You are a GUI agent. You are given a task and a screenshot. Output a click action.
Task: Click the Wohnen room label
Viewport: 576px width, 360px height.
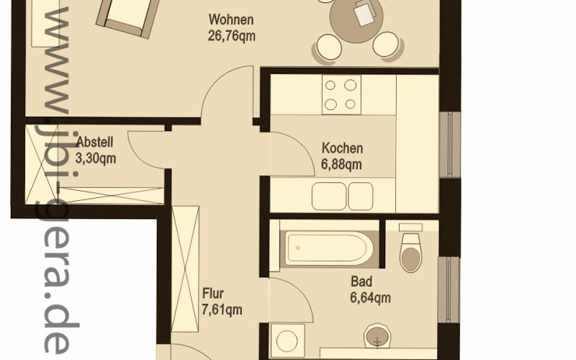tap(231, 19)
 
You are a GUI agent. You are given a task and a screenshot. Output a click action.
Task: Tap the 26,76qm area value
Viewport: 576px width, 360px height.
tap(231, 37)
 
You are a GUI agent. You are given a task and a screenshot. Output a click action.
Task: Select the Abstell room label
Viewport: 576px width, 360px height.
tap(95, 142)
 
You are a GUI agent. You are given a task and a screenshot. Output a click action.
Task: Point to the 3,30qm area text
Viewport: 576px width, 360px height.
tap(96, 158)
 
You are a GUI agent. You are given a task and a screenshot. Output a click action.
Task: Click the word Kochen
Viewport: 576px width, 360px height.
tap(343, 148)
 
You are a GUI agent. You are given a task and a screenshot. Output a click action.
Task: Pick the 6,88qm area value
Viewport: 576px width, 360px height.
tap(341, 165)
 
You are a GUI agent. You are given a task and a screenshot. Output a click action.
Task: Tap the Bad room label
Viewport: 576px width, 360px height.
tap(361, 282)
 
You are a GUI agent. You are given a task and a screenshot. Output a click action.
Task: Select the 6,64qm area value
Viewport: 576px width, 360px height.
tap(370, 297)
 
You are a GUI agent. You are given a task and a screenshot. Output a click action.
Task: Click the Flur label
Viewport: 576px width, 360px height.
tap(213, 294)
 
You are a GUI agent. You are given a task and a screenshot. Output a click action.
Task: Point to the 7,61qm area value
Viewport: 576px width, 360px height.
tap(222, 310)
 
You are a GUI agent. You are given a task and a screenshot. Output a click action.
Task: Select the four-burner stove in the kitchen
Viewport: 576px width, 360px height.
tap(341, 95)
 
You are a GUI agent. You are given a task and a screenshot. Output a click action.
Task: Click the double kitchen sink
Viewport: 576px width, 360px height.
tap(343, 197)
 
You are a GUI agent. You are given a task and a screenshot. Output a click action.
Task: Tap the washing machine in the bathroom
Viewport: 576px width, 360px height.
tap(287, 341)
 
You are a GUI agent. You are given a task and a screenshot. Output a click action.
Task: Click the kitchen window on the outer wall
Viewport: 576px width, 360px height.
tap(451, 145)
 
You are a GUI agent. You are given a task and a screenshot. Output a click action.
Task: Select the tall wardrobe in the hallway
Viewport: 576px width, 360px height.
tap(185, 269)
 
